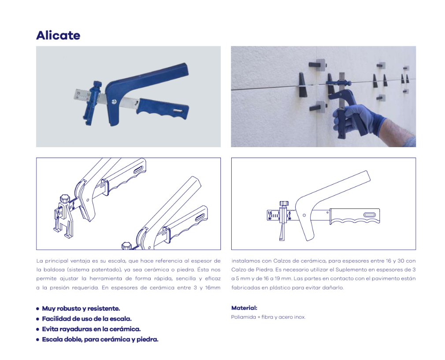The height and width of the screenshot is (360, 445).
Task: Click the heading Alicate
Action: pyautogui.click(x=58, y=36)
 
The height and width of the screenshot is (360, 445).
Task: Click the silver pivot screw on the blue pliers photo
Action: pyautogui.click(x=115, y=102)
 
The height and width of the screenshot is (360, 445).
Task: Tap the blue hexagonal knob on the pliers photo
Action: pyautogui.click(x=97, y=85)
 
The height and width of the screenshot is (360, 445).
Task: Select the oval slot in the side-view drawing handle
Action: pyautogui.click(x=370, y=215)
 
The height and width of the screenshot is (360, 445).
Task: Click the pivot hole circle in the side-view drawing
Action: pyautogui.click(x=304, y=215)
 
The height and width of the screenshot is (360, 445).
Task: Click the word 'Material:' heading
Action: pyautogui.click(x=245, y=308)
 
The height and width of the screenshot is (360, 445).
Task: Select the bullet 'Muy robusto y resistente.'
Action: pyautogui.click(x=81, y=308)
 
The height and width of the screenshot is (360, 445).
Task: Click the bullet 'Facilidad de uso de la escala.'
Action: pyautogui.click(x=86, y=319)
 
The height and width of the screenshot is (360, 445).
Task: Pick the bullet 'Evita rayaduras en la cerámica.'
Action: pyautogui.click(x=91, y=329)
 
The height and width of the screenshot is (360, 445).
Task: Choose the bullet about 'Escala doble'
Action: pyautogui.click(x=100, y=339)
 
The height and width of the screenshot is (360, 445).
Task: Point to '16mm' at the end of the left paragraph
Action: pyautogui.click(x=213, y=288)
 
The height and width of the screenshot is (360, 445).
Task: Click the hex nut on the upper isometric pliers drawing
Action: pyautogui.click(x=65, y=198)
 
